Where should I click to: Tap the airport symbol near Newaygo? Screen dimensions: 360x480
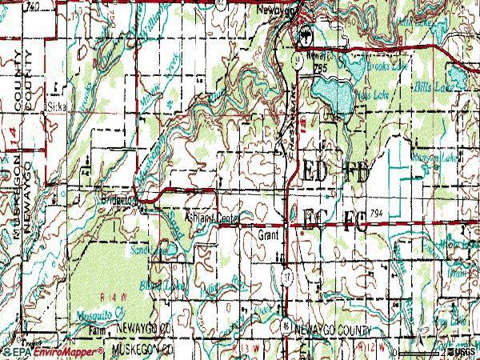click(303, 36)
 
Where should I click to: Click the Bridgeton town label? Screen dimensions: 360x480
click(117, 198)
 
